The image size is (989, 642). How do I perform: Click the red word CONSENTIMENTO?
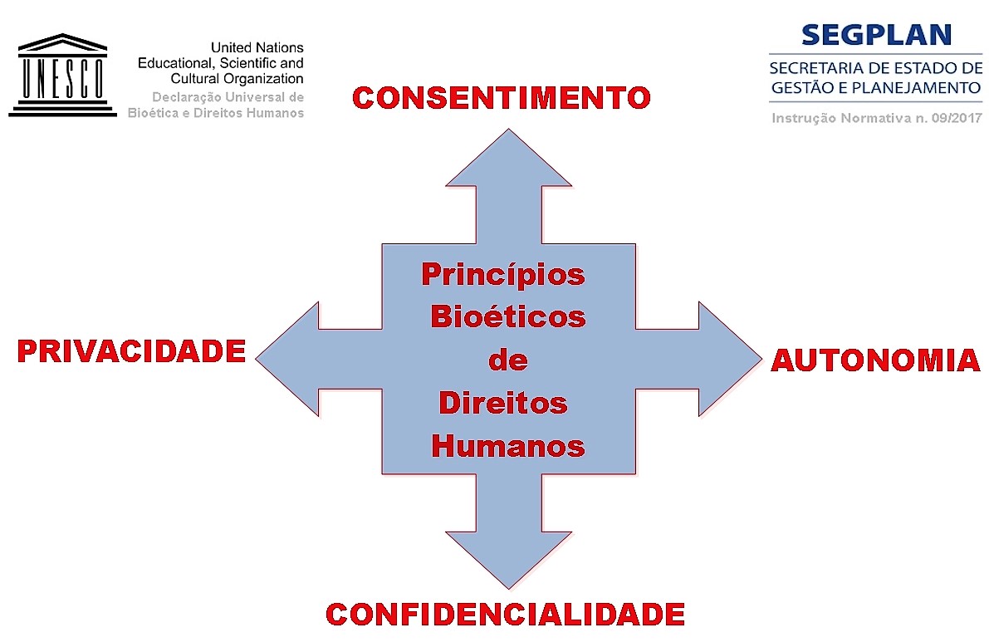click(502, 98)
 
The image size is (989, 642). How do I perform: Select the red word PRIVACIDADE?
click(131, 351)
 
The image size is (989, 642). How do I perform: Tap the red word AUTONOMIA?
click(875, 360)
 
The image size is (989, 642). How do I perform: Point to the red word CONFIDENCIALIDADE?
click(505, 614)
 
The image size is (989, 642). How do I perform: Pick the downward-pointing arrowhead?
click(508, 556)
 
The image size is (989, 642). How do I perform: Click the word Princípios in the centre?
click(503, 274)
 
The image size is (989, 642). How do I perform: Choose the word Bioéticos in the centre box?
click(507, 316)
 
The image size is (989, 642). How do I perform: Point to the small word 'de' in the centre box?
click(508, 360)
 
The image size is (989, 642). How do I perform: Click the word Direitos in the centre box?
click(502, 404)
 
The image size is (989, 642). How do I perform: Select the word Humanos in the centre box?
click(508, 447)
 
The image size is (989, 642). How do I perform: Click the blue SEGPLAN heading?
click(875, 35)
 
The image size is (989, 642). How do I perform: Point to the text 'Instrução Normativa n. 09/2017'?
click(876, 118)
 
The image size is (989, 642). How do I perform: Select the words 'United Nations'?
click(257, 48)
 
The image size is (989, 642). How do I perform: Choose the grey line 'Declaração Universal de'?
click(228, 97)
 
